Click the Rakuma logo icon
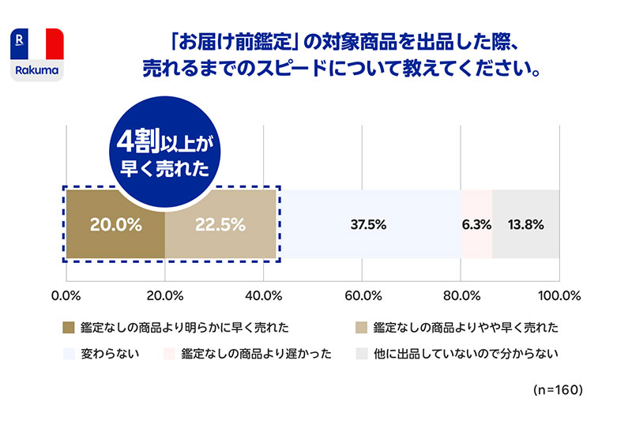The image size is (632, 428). pyautogui.click(x=38, y=54)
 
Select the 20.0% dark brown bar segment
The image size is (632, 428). pyautogui.click(x=115, y=224)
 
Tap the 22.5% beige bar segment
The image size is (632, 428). pyautogui.click(x=220, y=224)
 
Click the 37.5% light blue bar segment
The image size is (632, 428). pyautogui.click(x=368, y=224)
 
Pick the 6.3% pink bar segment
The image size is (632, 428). pyautogui.click(x=476, y=224)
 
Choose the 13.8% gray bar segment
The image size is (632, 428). pyautogui.click(x=525, y=224)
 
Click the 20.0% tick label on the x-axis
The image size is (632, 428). pyautogui.click(x=165, y=296)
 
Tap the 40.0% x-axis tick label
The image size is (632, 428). pyautogui.click(x=264, y=296)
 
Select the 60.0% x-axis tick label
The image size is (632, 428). pyautogui.click(x=363, y=296)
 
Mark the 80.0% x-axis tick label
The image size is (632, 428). pyautogui.click(x=461, y=296)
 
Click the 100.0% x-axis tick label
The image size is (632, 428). pyautogui.click(x=559, y=296)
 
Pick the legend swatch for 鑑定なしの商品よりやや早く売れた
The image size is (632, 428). pyautogui.click(x=363, y=327)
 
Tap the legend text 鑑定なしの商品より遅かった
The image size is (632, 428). pyautogui.click(x=256, y=353)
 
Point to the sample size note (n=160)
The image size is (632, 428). pyautogui.click(x=558, y=390)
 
